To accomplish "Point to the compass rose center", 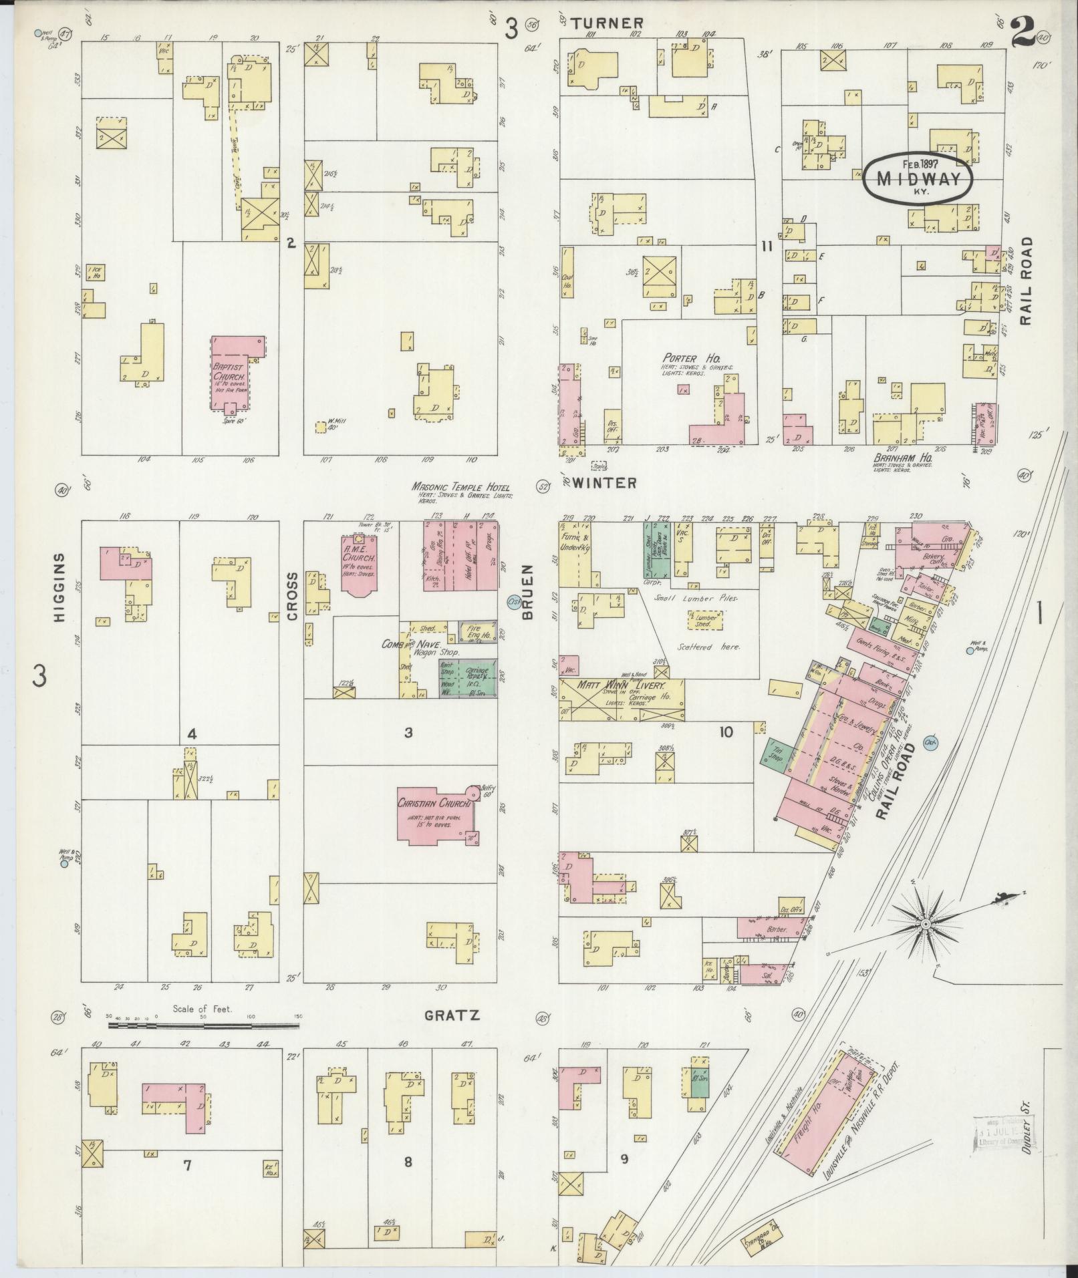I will pyautogui.click(x=926, y=924).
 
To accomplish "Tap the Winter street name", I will pyautogui.click(x=603, y=482).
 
